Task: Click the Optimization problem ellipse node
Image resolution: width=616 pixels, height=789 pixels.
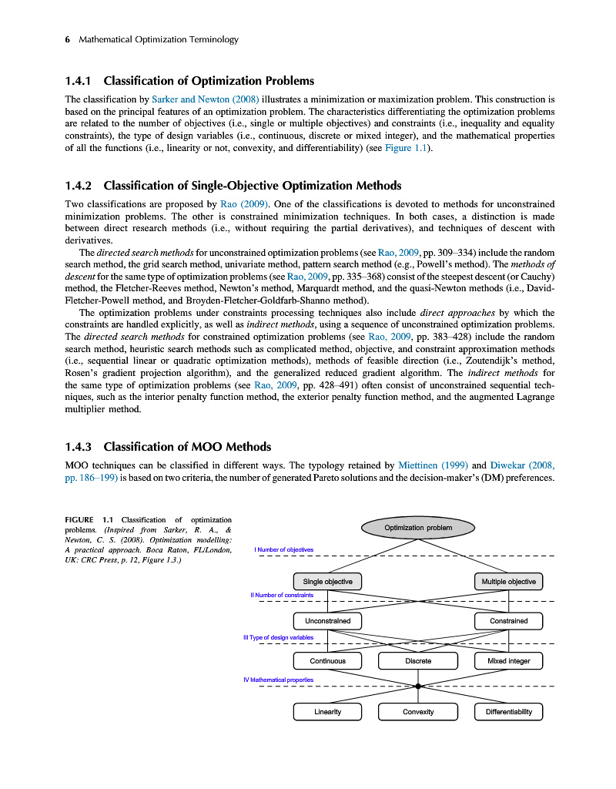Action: tap(418, 528)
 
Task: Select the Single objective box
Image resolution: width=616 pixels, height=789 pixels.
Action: tap(328, 581)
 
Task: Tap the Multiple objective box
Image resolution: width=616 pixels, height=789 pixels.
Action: tap(508, 581)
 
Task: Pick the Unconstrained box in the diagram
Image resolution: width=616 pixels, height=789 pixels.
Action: tap(328, 620)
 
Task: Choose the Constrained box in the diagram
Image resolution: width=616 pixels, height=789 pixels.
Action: tap(508, 620)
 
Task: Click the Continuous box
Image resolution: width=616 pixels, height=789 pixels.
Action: tap(328, 661)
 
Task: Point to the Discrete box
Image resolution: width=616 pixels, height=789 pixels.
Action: tap(418, 661)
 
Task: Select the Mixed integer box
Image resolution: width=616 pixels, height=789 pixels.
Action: tap(508, 661)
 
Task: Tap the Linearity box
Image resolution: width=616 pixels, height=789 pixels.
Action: tap(328, 711)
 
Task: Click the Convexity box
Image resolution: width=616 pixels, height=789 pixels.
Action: tap(418, 711)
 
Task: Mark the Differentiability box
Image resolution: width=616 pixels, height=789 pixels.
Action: tap(508, 711)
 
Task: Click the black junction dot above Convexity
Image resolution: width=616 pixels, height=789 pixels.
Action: tap(418, 686)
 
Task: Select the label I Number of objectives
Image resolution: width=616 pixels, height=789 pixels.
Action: tap(284, 549)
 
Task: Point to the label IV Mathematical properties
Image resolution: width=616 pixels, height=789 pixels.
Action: tap(278, 680)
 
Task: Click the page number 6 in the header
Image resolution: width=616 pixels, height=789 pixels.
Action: tap(68, 39)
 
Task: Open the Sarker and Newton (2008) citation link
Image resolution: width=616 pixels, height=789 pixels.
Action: tap(206, 99)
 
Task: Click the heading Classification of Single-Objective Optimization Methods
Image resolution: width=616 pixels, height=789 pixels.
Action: tap(253, 186)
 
